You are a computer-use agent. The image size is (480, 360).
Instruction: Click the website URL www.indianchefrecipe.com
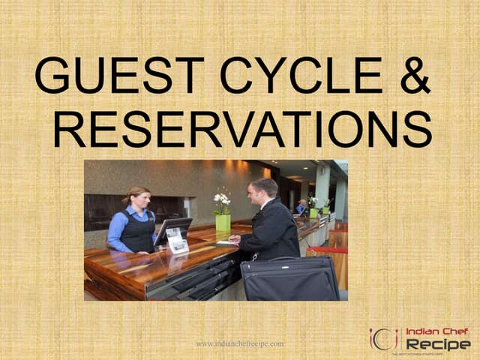point(240,343)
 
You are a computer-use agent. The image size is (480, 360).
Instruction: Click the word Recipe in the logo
point(438,344)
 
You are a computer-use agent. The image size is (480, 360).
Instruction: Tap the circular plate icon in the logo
point(383,339)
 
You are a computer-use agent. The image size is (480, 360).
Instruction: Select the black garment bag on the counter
point(289,279)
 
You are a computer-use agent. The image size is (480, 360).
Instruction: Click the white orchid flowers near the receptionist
point(221,199)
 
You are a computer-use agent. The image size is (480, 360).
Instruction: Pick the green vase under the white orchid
point(223,222)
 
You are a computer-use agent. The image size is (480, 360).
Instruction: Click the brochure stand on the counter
point(178,241)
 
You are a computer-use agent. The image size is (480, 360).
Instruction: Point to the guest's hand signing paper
point(234,240)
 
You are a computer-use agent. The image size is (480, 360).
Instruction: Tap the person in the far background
point(301,206)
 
